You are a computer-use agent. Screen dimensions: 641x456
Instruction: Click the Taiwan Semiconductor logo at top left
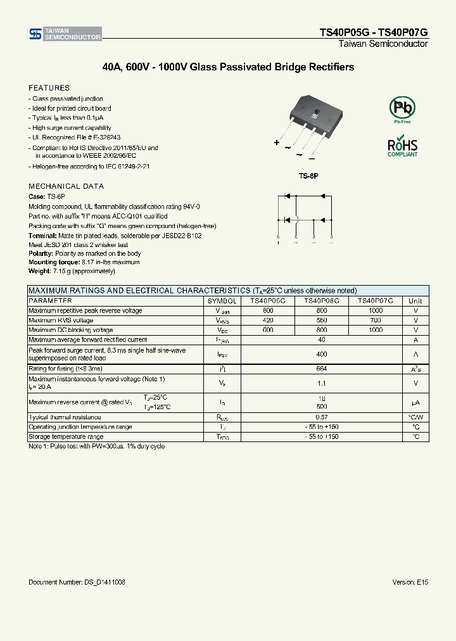point(65,34)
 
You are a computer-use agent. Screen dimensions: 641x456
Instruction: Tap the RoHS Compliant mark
point(402,146)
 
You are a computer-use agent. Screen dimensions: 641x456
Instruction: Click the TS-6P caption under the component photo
point(308,175)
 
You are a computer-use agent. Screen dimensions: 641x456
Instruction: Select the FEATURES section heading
point(49,88)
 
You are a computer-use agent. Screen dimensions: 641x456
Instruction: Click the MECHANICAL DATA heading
point(66,186)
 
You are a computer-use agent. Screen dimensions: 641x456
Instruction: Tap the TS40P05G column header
point(268,301)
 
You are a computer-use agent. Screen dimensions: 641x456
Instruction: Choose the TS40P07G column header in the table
point(375,301)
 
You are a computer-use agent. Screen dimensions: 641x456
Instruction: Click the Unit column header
point(415,301)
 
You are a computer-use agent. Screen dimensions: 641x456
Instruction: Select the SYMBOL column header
point(222,301)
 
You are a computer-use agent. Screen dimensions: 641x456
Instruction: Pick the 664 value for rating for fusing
point(322,368)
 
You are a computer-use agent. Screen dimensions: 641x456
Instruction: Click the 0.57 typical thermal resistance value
point(322,417)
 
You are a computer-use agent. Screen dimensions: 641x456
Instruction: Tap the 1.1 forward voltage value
point(322,383)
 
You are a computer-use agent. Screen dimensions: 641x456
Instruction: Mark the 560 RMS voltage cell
point(322,320)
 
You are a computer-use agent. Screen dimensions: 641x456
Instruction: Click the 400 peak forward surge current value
point(322,354)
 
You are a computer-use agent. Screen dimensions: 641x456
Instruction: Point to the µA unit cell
point(415,402)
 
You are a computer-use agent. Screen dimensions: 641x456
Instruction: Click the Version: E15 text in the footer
point(410,581)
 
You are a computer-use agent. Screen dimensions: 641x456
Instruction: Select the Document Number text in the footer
point(77,581)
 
